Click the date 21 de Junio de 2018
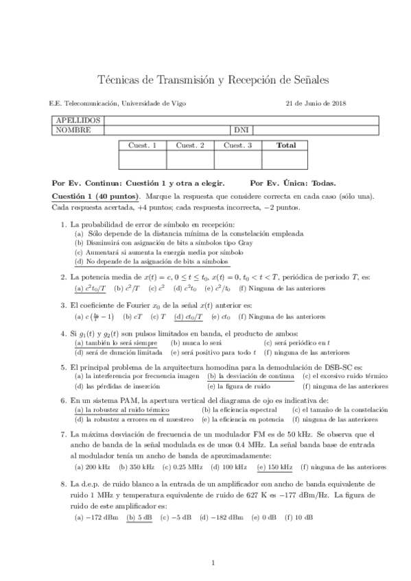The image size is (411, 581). point(315,103)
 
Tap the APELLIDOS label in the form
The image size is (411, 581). point(76,121)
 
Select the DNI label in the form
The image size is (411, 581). point(241,129)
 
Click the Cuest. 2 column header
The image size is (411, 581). point(190,145)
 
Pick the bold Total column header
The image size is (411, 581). point(285,145)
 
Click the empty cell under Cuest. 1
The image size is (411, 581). point(143,160)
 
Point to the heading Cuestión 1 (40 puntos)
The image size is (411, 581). point(97,196)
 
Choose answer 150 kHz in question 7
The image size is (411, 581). point(275,467)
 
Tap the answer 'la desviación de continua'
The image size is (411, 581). point(250,376)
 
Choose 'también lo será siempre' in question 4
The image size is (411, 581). point(117,343)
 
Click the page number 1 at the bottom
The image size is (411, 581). point(213,563)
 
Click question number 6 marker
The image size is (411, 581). point(63,399)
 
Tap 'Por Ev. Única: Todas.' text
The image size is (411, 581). point(293,183)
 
